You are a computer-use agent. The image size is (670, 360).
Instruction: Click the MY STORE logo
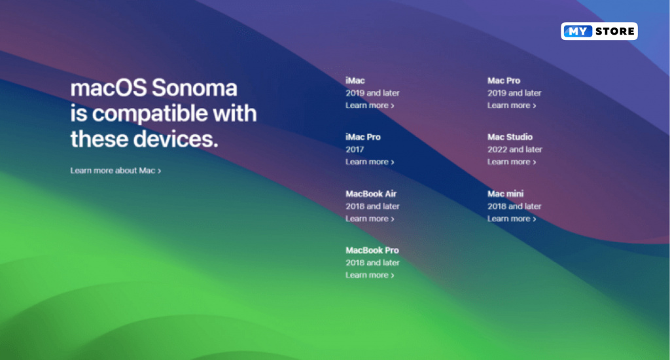[x=599, y=31]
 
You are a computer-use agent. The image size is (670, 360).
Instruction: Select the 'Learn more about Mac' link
[x=115, y=170]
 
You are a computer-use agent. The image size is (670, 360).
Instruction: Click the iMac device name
[x=355, y=81]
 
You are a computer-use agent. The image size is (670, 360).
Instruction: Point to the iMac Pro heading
[x=363, y=137]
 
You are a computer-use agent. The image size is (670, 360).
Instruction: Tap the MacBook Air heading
[x=371, y=194]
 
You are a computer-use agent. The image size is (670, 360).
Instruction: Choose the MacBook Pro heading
[x=372, y=250]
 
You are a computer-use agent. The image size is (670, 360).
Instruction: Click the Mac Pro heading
[x=504, y=81]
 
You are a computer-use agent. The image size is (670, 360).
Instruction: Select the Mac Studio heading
[x=510, y=137]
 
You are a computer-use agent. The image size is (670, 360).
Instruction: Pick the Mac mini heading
[x=505, y=194]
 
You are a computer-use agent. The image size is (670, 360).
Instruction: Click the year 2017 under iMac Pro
[x=355, y=149]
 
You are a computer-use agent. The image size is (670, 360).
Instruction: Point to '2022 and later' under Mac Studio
[x=514, y=149]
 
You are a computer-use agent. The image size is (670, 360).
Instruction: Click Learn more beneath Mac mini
[x=511, y=219]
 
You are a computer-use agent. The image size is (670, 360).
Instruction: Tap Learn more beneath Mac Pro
[x=511, y=105]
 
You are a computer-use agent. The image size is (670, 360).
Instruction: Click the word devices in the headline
[x=175, y=139]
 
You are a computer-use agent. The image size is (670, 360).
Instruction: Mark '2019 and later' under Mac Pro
[x=514, y=93]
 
